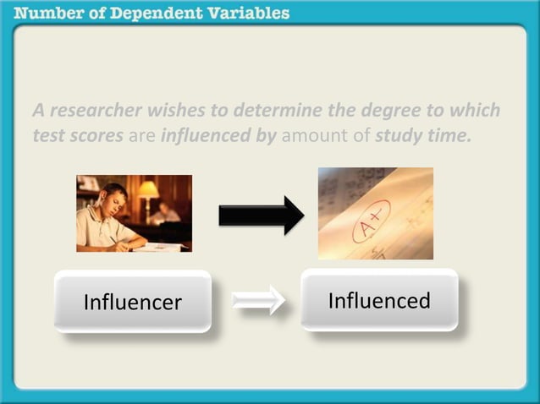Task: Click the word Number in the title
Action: click(48, 14)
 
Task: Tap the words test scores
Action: click(78, 135)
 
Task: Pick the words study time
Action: click(422, 135)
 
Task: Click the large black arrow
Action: click(261, 215)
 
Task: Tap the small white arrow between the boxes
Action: click(259, 300)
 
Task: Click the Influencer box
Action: click(132, 302)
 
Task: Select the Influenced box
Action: click(379, 300)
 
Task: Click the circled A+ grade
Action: click(371, 221)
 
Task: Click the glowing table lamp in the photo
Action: click(149, 189)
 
